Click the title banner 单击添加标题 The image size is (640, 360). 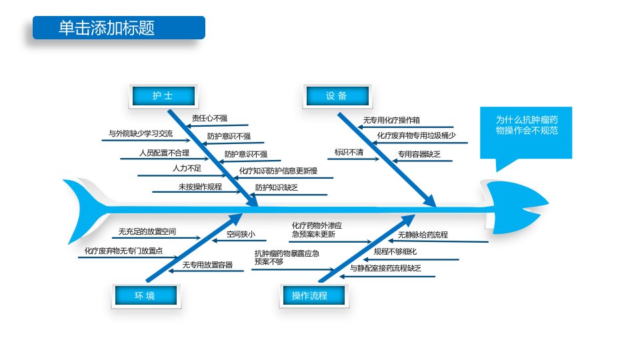pyautogui.click(x=119, y=28)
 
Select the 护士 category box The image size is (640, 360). pyautogui.click(x=163, y=96)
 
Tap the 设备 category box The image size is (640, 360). pyautogui.click(x=337, y=96)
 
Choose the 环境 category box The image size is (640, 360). pyautogui.click(x=146, y=295)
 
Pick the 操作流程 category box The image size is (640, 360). pyautogui.click(x=314, y=295)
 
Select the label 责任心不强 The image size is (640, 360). pyautogui.click(x=210, y=119)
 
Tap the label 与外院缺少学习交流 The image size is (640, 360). pyautogui.click(x=141, y=133)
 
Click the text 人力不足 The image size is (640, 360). pyautogui.click(x=187, y=168)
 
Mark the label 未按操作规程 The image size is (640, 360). pyautogui.click(x=200, y=187)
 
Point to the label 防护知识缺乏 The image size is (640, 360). pyautogui.click(x=276, y=187)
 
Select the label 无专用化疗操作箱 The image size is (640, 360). pyautogui.click(x=391, y=120)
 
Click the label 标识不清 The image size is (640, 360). pyautogui.click(x=349, y=152)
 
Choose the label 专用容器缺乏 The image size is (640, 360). pyautogui.click(x=419, y=154)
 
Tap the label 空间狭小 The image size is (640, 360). pyautogui.click(x=241, y=234)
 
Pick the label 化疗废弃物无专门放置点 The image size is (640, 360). pyautogui.click(x=124, y=251)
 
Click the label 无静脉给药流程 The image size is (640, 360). pyautogui.click(x=423, y=235)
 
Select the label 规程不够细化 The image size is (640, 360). pyautogui.click(x=395, y=251)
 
